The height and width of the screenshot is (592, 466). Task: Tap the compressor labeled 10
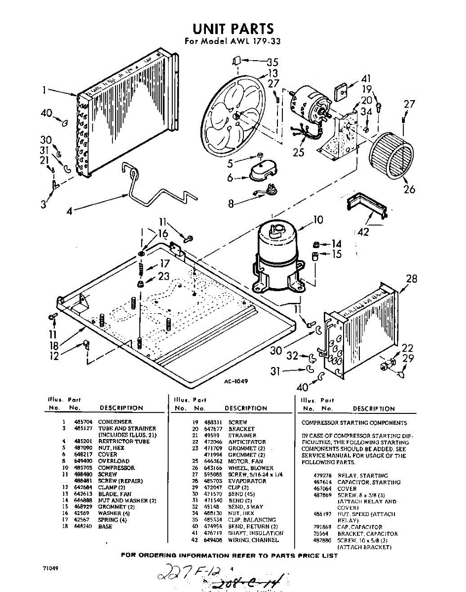(x=278, y=261)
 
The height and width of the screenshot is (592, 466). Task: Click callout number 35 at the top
(x=272, y=62)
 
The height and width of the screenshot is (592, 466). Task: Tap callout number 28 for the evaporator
(x=412, y=279)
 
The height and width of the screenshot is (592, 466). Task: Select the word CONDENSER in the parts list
(x=115, y=422)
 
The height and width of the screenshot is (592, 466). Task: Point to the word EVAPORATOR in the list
(x=247, y=481)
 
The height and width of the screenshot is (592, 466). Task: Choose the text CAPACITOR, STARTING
(x=369, y=482)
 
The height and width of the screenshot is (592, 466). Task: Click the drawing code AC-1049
(x=235, y=381)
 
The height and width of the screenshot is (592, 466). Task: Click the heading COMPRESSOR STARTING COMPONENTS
(x=354, y=423)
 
